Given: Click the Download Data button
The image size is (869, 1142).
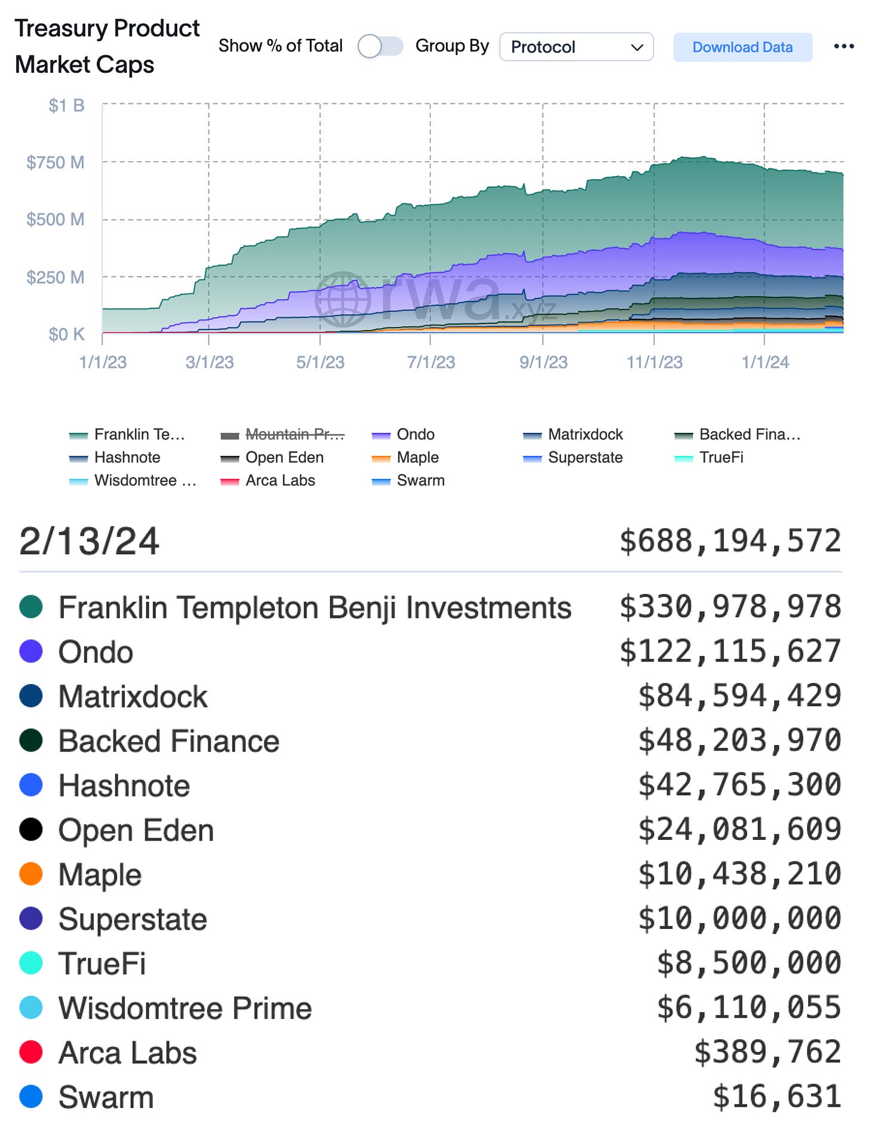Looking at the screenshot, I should [x=742, y=47].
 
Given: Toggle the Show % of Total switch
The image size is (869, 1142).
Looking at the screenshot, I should [x=380, y=47].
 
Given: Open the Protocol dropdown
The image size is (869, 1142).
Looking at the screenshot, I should [x=576, y=47].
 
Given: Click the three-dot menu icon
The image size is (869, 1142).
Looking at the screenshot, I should [x=843, y=47].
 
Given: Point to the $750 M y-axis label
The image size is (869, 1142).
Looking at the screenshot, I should [x=56, y=162].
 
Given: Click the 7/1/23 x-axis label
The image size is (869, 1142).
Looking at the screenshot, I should [x=430, y=362].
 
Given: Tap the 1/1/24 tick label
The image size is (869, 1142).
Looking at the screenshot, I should [x=765, y=362].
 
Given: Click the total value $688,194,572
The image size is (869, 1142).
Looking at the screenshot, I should [x=730, y=541].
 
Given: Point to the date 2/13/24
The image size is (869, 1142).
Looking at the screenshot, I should [x=90, y=541].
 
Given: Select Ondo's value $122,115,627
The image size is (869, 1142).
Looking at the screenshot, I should [x=730, y=651].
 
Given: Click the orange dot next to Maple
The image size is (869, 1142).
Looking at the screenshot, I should [x=31, y=874].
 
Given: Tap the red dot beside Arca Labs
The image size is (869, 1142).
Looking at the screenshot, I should [x=31, y=1052].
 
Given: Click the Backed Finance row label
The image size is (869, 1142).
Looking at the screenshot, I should [x=169, y=741].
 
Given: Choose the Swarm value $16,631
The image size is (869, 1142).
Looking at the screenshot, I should [x=776, y=1097].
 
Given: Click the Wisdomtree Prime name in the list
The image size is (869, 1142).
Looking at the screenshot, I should [x=185, y=1008].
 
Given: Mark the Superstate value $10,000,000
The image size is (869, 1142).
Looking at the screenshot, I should [x=739, y=919].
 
